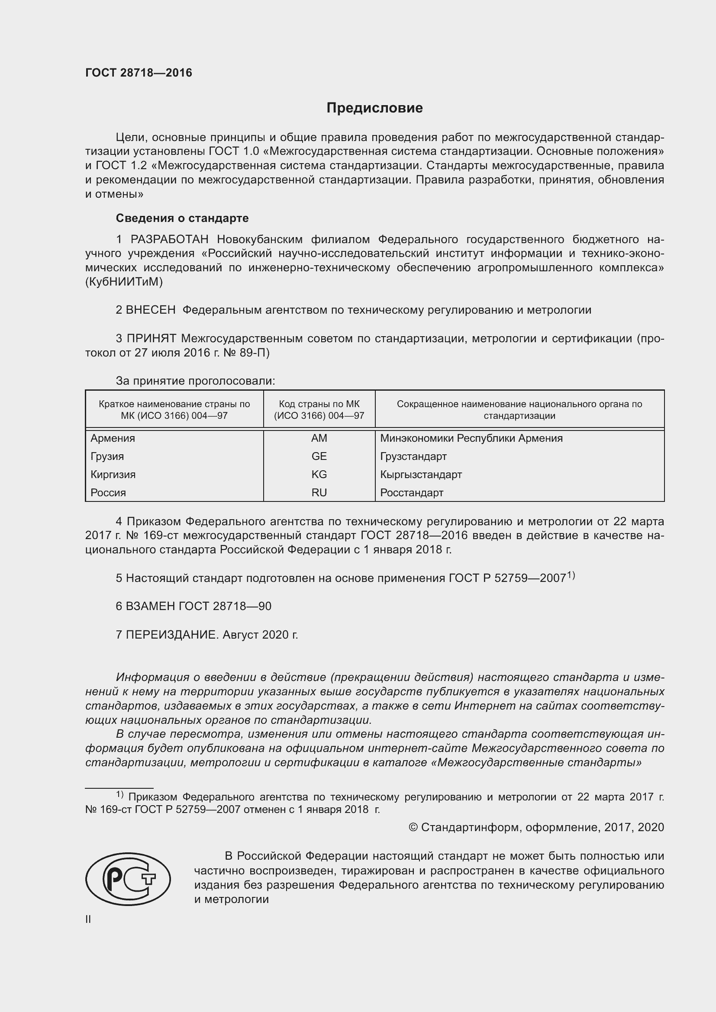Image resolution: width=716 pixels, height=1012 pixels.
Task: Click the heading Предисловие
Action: point(374,108)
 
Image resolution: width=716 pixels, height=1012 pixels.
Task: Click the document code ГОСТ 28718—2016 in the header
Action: point(139,73)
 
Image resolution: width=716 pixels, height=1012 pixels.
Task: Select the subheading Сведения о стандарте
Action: point(182,218)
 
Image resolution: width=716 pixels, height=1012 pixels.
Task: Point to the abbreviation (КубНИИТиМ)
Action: point(124,282)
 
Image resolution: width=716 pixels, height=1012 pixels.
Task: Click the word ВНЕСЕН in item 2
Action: point(150,310)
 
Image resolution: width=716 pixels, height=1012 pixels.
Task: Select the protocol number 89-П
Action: point(257,353)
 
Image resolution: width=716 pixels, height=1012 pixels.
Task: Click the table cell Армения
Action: point(113,438)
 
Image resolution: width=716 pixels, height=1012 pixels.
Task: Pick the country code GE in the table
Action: point(319,456)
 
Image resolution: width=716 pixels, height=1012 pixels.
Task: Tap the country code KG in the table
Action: point(319,474)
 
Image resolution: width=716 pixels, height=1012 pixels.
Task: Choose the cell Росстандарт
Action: point(411,493)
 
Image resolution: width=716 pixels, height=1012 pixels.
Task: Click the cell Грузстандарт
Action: point(413,456)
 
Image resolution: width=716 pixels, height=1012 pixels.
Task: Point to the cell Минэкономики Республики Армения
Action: point(471,438)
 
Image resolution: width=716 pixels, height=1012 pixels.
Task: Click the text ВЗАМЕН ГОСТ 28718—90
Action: point(194,606)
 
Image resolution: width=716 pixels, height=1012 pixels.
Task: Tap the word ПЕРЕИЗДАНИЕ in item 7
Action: point(171,635)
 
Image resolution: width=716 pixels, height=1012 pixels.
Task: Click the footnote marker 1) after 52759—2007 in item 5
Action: point(571,575)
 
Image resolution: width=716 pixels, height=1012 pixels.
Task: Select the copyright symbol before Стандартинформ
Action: point(413,827)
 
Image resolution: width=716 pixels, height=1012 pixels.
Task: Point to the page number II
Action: point(88,919)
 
